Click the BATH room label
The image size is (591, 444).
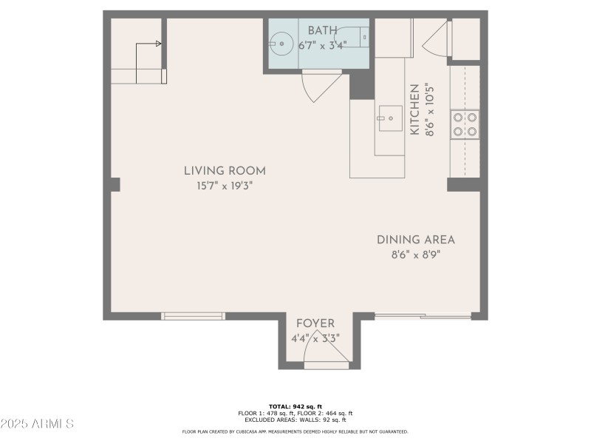pyautogui.click(x=323, y=30)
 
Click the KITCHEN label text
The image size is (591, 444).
pyautogui.click(x=414, y=110)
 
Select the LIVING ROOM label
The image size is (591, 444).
pyautogui.click(x=225, y=171)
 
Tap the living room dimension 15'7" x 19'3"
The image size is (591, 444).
pyautogui.click(x=225, y=186)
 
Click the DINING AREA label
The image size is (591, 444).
pyautogui.click(x=416, y=240)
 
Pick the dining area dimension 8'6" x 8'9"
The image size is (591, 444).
pyautogui.click(x=416, y=255)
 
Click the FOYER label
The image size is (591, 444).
pyautogui.click(x=315, y=323)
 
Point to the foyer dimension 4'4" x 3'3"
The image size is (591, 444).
pyautogui.click(x=316, y=339)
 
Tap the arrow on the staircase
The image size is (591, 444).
pyautogui.click(x=158, y=44)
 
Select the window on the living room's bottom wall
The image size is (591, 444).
pyautogui.click(x=194, y=316)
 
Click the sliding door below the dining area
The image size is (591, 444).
pyautogui.click(x=423, y=316)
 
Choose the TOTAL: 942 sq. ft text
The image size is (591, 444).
pyautogui.click(x=295, y=406)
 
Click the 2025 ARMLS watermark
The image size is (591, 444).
pyautogui.click(x=37, y=424)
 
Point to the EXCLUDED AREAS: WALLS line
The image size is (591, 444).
pyautogui.click(x=295, y=420)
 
